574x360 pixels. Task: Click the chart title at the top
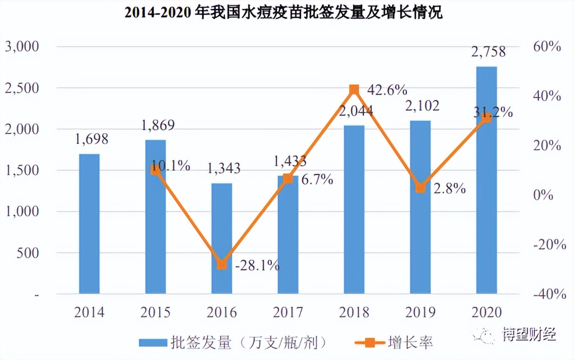pos(284,13)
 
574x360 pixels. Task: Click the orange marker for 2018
pos(354,90)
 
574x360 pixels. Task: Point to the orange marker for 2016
pos(221,265)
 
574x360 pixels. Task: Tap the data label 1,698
pos(91,139)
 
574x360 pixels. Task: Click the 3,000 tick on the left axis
pos(22,47)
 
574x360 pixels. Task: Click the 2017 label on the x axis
pos(288,313)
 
